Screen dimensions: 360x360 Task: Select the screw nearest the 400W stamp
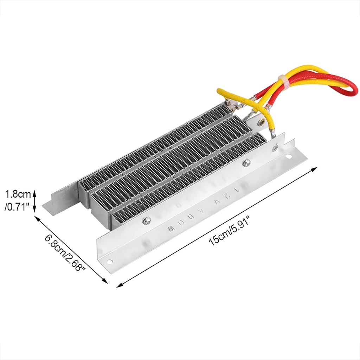(x=146, y=221)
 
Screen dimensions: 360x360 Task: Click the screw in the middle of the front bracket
(x=247, y=162)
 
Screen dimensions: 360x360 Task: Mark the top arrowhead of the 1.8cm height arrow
(x=34, y=191)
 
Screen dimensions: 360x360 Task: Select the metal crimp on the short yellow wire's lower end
(x=272, y=134)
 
